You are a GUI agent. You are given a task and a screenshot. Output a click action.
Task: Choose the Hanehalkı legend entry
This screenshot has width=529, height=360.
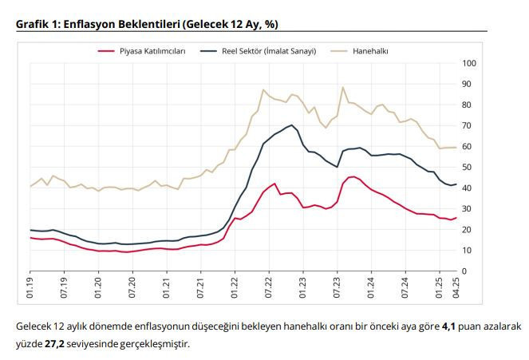[x=369, y=51]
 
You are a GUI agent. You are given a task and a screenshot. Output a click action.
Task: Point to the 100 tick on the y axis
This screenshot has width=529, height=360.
[x=470, y=63]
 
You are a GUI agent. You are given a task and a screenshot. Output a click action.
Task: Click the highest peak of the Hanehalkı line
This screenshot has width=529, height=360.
[x=342, y=87]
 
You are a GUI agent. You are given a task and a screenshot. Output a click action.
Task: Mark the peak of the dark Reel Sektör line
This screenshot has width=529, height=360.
[x=292, y=125]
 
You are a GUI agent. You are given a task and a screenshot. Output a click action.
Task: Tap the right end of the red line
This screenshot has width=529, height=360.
[x=456, y=217]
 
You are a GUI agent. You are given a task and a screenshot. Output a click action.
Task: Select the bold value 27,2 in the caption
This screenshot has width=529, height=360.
[x=55, y=344]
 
